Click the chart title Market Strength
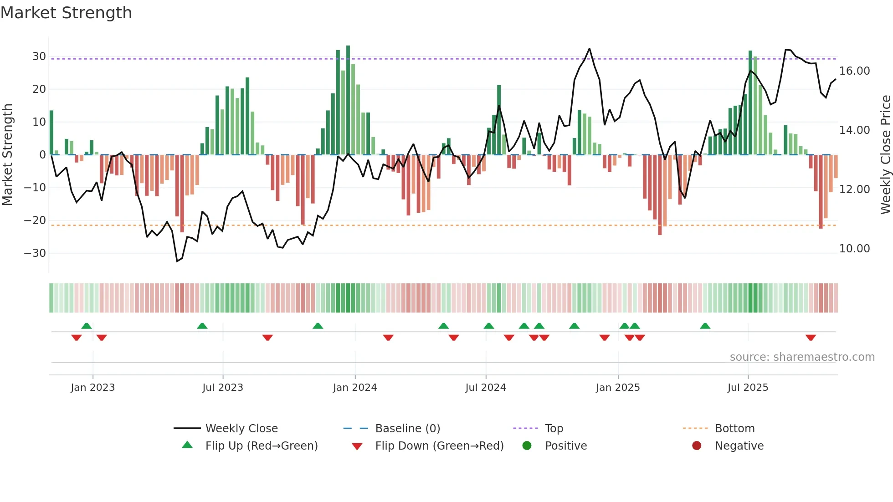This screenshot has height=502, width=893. (66, 13)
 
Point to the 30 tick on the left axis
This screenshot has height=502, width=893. (39, 56)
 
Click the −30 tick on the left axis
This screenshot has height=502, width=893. (36, 253)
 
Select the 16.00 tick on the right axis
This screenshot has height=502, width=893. (854, 71)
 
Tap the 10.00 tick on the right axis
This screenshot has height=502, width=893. (854, 249)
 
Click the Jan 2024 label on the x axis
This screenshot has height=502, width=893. (355, 388)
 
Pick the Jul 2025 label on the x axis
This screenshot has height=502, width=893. (748, 388)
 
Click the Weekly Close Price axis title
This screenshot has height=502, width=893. (885, 154)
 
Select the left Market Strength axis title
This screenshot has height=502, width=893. (7, 154)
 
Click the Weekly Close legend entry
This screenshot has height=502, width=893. (241, 429)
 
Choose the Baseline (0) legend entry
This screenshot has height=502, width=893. (407, 429)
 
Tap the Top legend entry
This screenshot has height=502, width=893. (554, 429)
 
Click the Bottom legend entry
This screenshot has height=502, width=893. (734, 429)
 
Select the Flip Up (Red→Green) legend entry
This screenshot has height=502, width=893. (261, 446)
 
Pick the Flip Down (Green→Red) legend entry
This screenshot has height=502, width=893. (439, 446)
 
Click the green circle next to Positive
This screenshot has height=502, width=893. (527, 446)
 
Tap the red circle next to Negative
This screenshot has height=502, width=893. (697, 446)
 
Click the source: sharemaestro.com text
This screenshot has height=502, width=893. (802, 357)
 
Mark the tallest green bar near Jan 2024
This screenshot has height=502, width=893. (348, 100)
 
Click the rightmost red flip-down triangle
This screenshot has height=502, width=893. (811, 338)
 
